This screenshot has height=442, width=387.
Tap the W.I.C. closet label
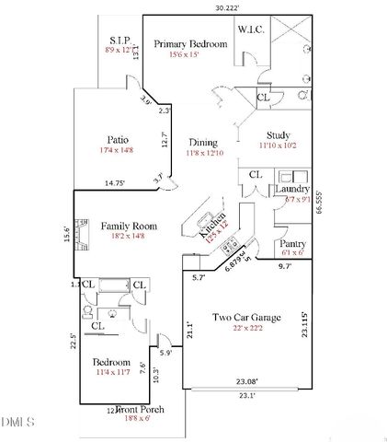[x=251, y=30]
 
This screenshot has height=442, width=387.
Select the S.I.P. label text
[x=120, y=41]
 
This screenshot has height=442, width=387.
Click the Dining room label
[x=203, y=143]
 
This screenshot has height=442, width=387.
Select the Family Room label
[x=129, y=226]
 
